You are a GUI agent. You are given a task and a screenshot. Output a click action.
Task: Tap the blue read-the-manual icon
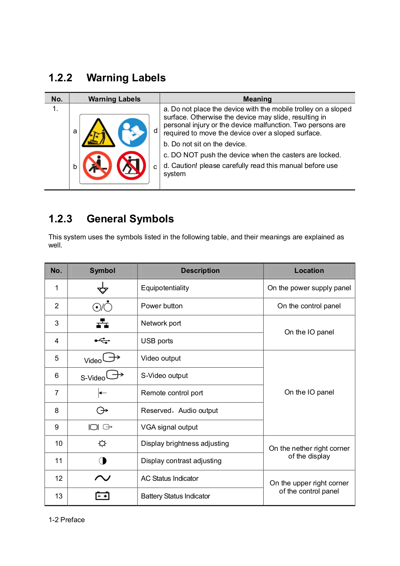[133, 133]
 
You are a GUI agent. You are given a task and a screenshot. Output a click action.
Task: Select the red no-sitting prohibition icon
[98, 165]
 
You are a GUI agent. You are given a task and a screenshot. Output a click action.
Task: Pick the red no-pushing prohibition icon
[131, 165]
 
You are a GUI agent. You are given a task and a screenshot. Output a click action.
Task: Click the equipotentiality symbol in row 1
[102, 288]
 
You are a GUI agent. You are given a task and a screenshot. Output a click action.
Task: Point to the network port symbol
[102, 323]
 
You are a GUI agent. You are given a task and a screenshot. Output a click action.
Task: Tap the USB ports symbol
[102, 341]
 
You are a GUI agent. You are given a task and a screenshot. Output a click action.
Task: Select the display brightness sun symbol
[102, 443]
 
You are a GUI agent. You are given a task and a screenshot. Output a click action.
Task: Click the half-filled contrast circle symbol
[102, 461]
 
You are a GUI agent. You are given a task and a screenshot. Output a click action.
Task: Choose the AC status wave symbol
[102, 478]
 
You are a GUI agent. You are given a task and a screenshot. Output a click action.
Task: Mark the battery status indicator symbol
[102, 496]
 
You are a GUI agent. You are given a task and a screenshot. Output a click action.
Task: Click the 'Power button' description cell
[162, 306]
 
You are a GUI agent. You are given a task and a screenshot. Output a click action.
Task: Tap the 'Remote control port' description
[172, 393]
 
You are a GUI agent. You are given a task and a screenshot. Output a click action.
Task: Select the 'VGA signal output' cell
[169, 427]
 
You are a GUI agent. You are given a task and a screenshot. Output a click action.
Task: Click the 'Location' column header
[309, 270]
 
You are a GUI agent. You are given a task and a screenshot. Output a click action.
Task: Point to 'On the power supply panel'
[309, 288]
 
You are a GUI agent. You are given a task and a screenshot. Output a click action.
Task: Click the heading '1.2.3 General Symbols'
[111, 219]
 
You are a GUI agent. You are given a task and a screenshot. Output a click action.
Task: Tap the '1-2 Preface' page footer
[67, 520]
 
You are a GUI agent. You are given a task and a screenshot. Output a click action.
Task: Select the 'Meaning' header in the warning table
[257, 99]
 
